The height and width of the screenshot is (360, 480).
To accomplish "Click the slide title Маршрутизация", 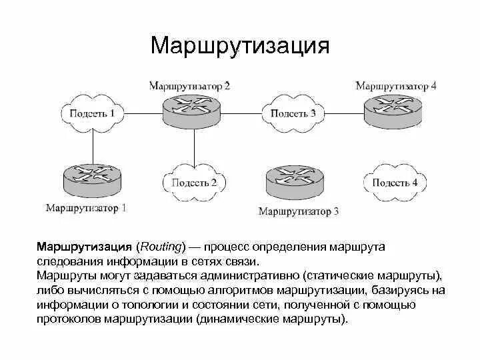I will pos(239,45).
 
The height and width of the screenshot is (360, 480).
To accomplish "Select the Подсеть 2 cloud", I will pos(194,182).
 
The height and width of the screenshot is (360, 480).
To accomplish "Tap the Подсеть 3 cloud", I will pos(293,113).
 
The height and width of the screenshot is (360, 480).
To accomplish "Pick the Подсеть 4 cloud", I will pos(395,182).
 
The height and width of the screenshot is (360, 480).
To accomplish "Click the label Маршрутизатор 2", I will pos(189,85).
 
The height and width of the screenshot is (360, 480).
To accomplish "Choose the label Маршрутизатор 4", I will pos(395,85).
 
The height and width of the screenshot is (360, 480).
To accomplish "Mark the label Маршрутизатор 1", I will pos(86,207).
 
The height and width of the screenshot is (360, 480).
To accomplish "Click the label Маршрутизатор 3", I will pos(298,211).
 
